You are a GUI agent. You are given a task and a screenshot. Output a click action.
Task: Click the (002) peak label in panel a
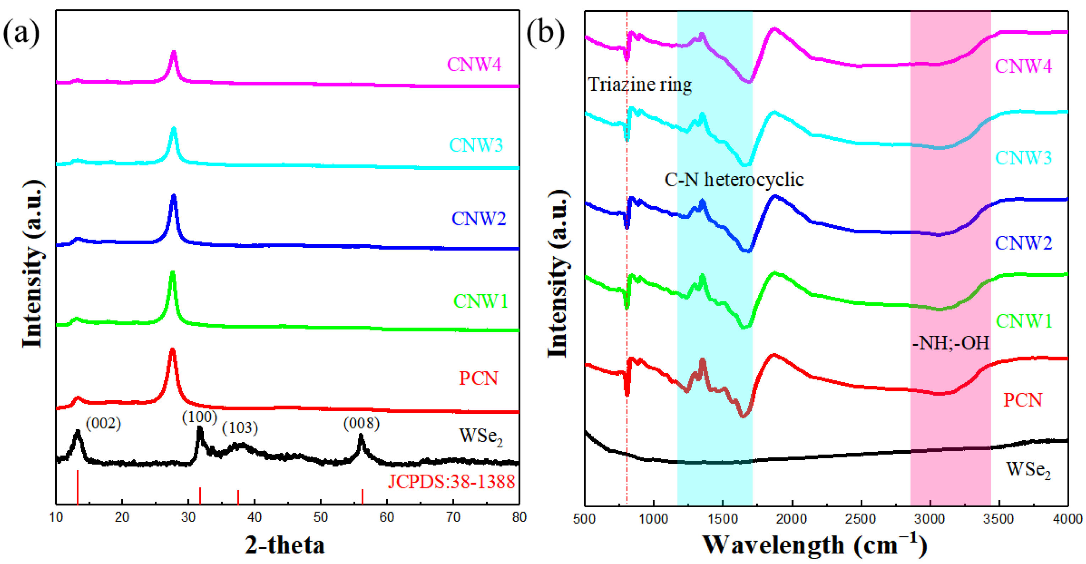coord(103,423)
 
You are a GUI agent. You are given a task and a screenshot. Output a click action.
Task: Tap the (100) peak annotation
coord(199,417)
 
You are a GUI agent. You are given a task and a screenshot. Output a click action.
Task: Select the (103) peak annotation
coord(240,428)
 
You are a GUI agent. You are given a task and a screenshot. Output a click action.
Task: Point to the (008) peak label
coord(361,423)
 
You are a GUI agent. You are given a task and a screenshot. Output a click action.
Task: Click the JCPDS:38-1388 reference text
coord(451,481)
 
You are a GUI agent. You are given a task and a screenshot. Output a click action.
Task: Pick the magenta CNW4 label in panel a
coord(474,65)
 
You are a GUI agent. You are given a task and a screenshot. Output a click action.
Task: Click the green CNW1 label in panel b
coord(1024,322)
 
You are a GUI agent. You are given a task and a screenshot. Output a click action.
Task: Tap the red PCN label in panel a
coord(478,378)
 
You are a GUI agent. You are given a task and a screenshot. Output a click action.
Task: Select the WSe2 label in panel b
coord(1028,470)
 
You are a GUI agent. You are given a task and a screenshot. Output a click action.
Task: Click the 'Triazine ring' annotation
coord(640,85)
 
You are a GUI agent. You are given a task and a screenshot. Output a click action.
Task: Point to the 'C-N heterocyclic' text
coord(734,180)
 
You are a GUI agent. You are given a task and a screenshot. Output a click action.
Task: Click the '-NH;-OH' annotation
coord(950,343)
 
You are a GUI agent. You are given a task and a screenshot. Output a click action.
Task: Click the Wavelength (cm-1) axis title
coord(814,545)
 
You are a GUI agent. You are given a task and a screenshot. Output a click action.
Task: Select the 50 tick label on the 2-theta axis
coord(320,517)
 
